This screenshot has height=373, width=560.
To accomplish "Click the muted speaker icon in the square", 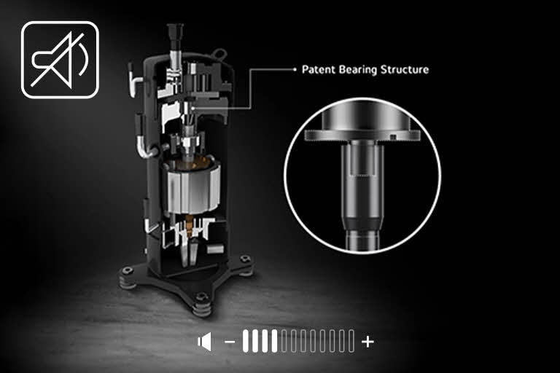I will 60,59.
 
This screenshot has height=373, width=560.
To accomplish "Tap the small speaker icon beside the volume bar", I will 205,341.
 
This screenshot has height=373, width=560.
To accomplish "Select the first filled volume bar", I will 246,341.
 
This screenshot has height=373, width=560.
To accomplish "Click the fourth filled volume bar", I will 275,341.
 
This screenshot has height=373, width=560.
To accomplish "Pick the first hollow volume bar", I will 284,341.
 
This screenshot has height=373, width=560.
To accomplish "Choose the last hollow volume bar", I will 351,341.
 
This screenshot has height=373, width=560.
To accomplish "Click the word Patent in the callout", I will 317,70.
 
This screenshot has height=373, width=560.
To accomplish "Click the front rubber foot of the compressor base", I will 202,307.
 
